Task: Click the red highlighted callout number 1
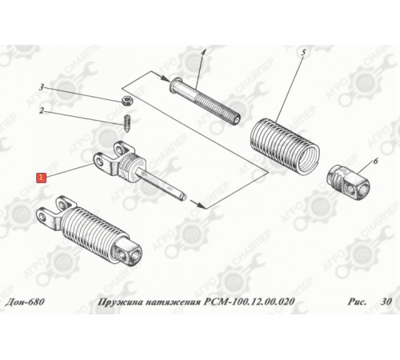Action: coord(42,178)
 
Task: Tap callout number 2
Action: coord(42,110)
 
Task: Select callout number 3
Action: coord(42,87)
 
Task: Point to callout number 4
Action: coord(203,53)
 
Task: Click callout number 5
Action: coord(303,53)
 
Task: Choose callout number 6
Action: coord(375,161)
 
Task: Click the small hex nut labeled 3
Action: coord(126,101)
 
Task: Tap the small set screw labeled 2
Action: coord(127,122)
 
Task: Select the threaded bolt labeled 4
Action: coord(205,101)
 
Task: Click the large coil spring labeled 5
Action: coord(285,146)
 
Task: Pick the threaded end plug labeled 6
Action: coord(348,182)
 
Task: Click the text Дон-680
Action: coord(25,302)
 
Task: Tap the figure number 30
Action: coord(386,302)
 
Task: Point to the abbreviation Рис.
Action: coord(357,302)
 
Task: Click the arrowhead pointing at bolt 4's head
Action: coord(166,79)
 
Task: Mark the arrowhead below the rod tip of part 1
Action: coord(201,206)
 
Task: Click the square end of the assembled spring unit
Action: coord(127,253)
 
